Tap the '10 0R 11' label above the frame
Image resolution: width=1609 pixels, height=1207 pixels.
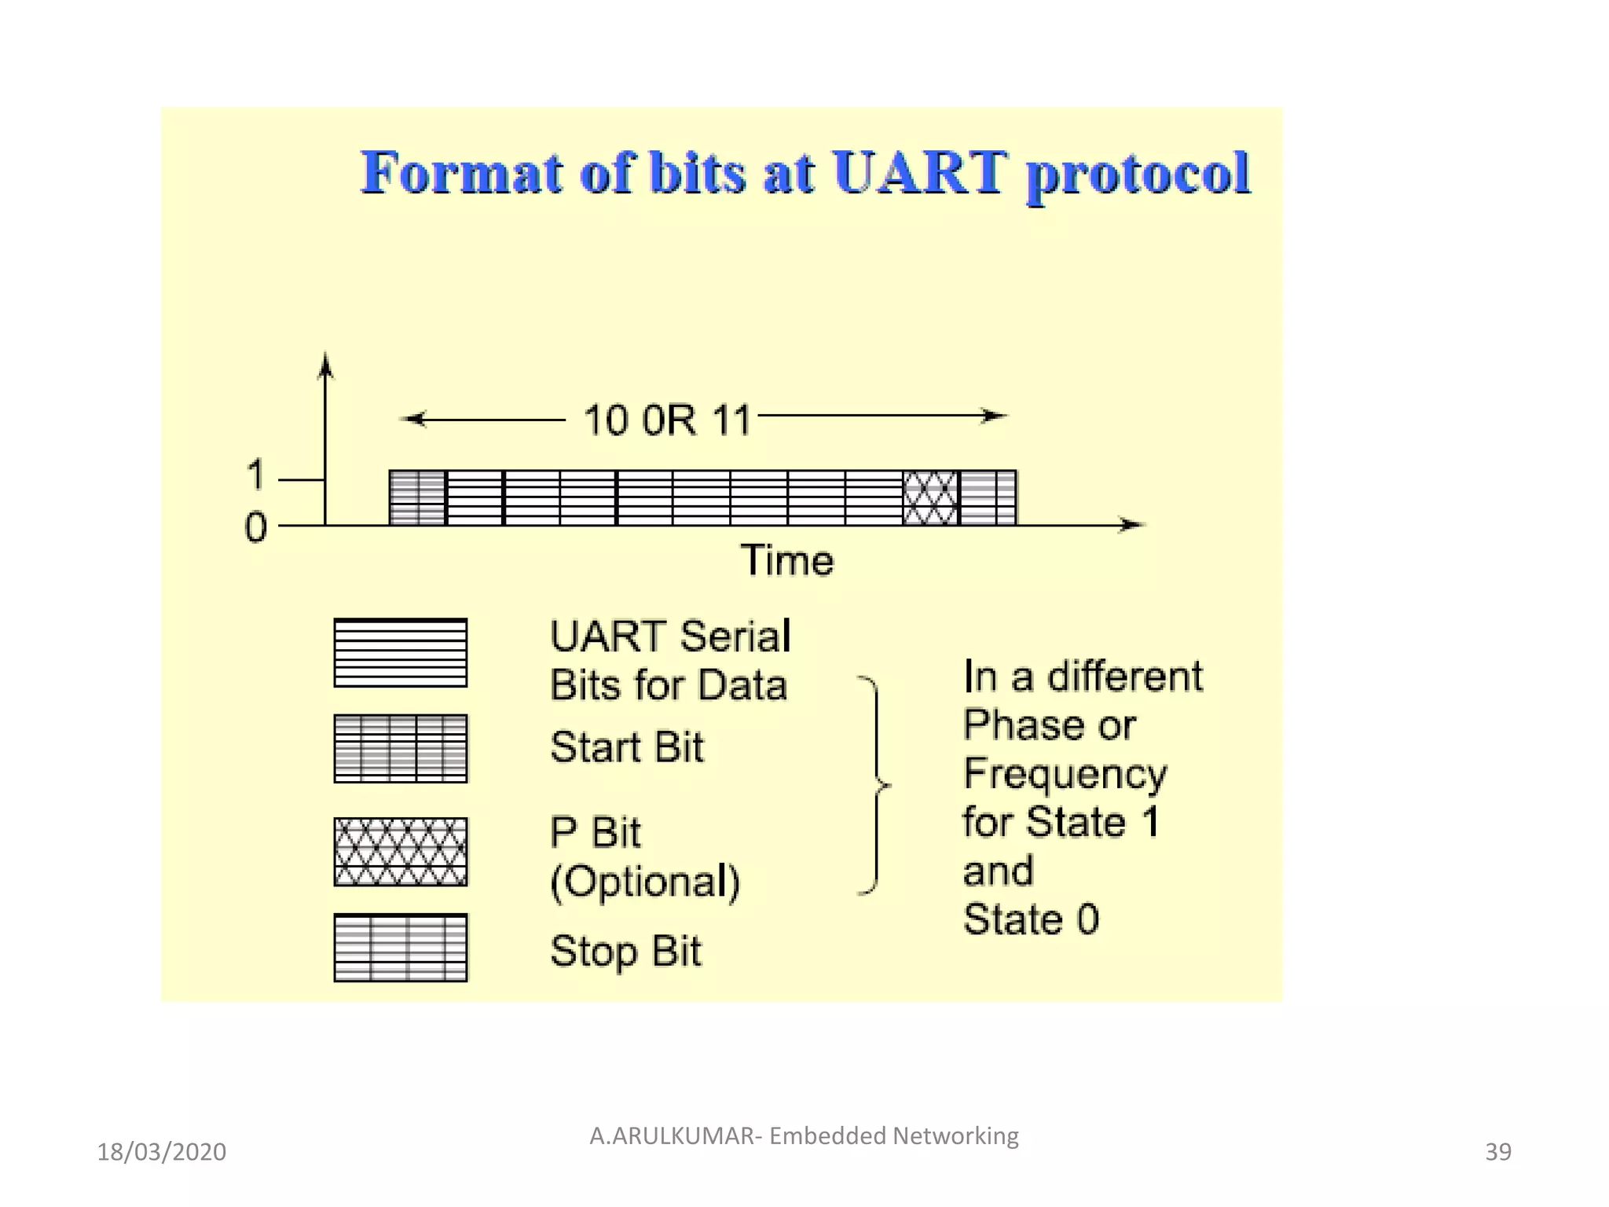[x=667, y=420]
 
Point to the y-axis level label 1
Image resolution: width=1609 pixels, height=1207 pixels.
[x=255, y=475]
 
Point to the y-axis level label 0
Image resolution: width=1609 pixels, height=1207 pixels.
[x=255, y=527]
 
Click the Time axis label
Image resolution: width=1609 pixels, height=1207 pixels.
[x=786, y=560]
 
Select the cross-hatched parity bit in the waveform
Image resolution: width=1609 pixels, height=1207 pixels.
[x=931, y=497]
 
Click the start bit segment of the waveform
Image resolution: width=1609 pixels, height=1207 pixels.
[x=417, y=497]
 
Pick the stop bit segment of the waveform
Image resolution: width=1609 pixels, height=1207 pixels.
[x=988, y=497]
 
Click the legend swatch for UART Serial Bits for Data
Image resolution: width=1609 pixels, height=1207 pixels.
[x=400, y=652]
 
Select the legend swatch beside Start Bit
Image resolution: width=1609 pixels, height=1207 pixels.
[x=400, y=748]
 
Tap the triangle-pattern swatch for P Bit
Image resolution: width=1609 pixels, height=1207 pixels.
[x=400, y=852]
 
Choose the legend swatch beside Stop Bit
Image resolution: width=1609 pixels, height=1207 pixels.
[x=400, y=948]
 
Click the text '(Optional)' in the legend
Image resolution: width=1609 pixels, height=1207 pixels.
[x=644, y=882]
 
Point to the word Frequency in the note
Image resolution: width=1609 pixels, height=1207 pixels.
[x=1065, y=775]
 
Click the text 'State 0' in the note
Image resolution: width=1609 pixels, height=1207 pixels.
[x=1031, y=919]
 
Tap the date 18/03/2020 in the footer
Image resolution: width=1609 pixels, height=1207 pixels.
[x=161, y=1152]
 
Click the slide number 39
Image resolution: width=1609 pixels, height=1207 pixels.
[x=1497, y=1152]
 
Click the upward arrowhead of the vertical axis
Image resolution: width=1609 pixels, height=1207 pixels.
[x=325, y=365]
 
